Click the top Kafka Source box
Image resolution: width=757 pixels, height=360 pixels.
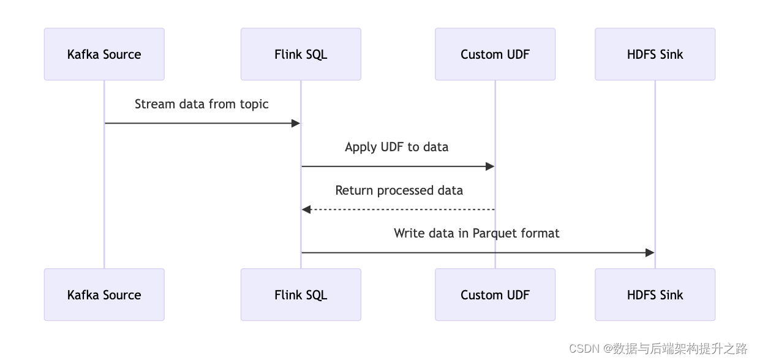pyautogui.click(x=104, y=54)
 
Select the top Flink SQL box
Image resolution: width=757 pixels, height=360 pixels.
pyautogui.click(x=301, y=54)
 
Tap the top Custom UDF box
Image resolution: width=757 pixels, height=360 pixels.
pyautogui.click(x=495, y=54)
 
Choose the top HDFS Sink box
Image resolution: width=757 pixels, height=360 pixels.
pyautogui.click(x=655, y=54)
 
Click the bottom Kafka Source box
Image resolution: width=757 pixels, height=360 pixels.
pyautogui.click(x=104, y=295)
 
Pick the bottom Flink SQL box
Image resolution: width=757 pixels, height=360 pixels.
pyautogui.click(x=301, y=295)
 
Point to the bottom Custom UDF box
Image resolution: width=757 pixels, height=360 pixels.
pyautogui.click(x=495, y=295)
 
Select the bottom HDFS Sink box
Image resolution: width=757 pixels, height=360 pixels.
pyautogui.click(x=655, y=295)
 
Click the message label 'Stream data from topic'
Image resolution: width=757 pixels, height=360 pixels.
pyautogui.click(x=201, y=104)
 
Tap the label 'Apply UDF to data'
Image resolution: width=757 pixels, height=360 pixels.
pyautogui.click(x=396, y=147)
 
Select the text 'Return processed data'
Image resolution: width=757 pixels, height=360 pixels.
pyautogui.click(x=399, y=190)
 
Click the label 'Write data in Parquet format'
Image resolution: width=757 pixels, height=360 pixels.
pyautogui.click(x=476, y=233)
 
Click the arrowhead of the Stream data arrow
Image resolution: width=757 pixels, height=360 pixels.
pyautogui.click(x=295, y=124)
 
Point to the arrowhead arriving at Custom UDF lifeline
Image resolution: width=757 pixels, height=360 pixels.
pyautogui.click(x=489, y=167)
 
